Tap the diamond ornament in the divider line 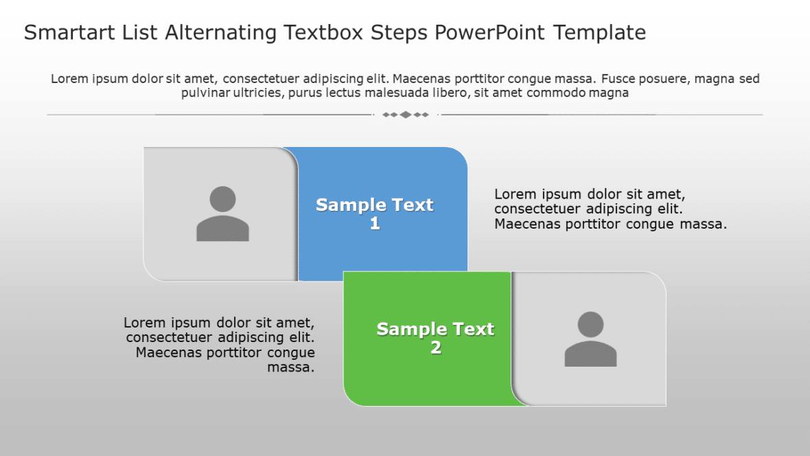pos(405,115)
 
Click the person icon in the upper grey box pos(222,214)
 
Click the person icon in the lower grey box pos(590,339)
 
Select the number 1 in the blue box pos(375,224)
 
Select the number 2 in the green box pos(436,348)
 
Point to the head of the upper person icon pos(222,199)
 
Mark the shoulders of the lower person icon pos(590,354)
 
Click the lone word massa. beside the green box pos(291,368)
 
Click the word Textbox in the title pos(321,32)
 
